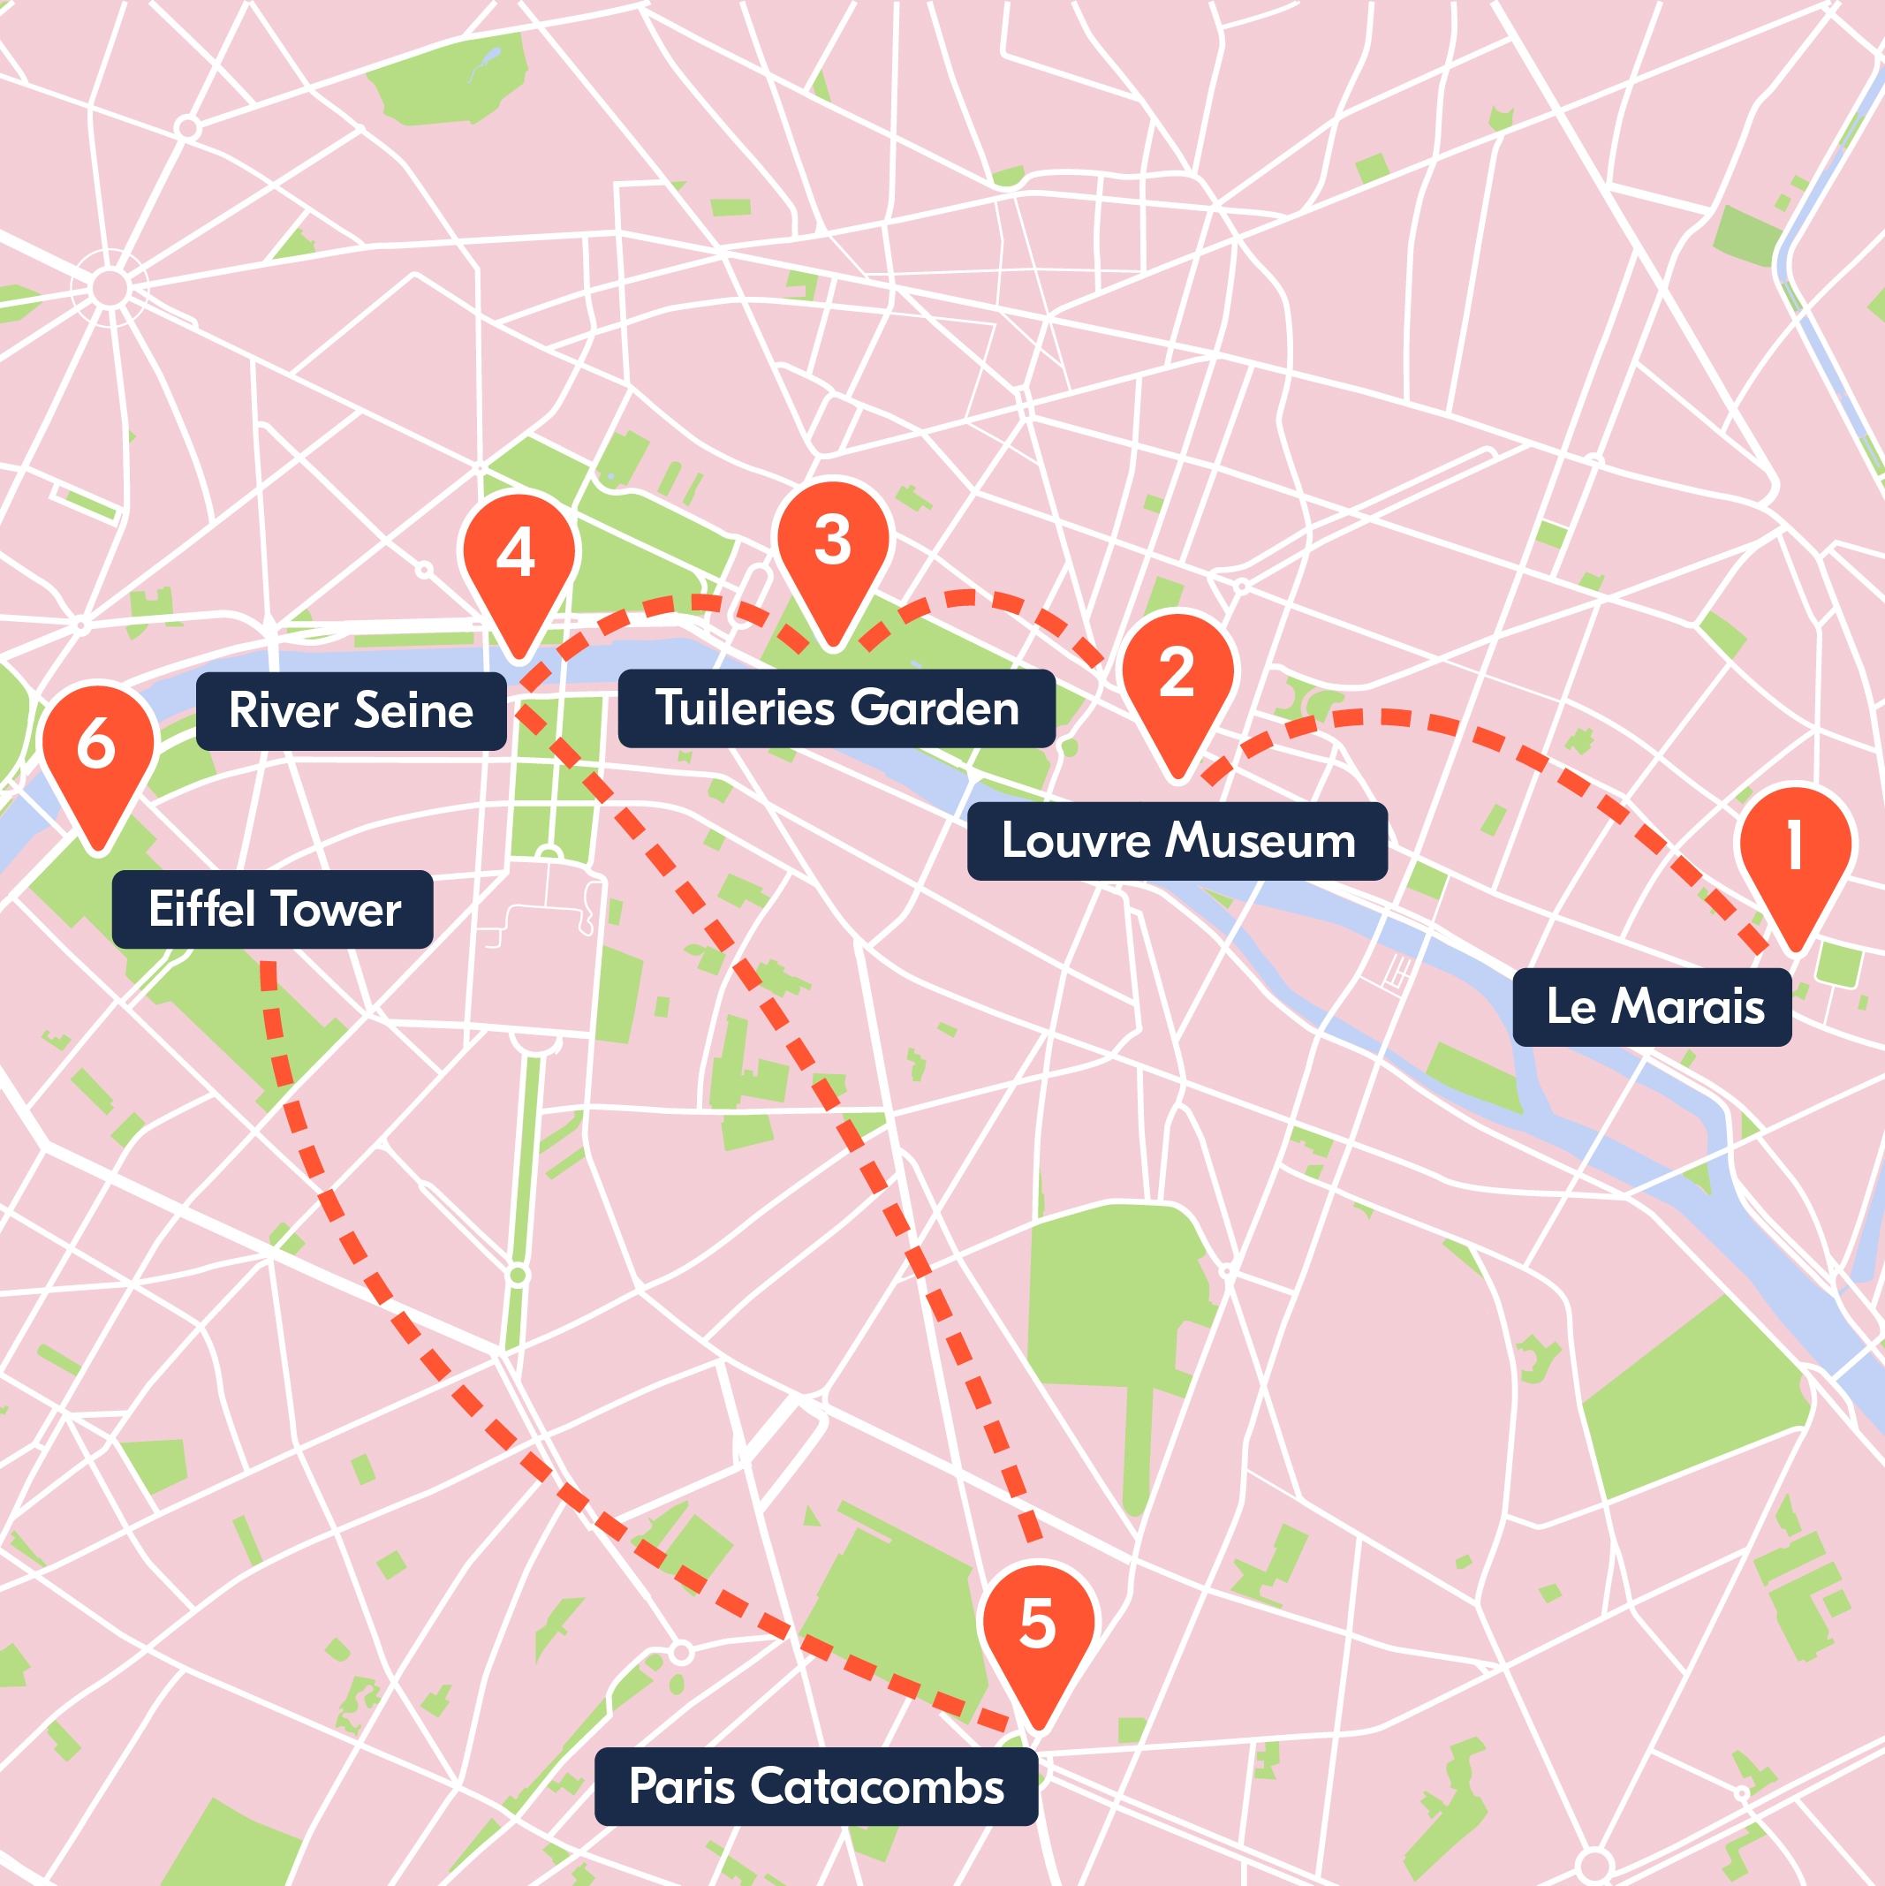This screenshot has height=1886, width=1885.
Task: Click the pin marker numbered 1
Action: coord(1794,847)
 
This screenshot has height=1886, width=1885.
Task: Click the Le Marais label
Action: coord(1652,1006)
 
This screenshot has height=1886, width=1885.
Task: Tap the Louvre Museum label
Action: coord(1177,840)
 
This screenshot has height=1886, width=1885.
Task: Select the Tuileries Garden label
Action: coord(837,708)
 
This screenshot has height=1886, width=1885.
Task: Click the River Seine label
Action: coord(351,710)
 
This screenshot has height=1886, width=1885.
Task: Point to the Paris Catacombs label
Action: coord(816,1786)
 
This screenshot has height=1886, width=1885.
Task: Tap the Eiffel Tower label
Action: coord(272,909)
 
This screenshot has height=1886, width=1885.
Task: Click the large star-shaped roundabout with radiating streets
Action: coord(110,288)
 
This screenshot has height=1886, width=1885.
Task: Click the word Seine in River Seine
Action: coord(414,710)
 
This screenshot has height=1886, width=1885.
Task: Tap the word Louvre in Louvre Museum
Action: coord(1077,840)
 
